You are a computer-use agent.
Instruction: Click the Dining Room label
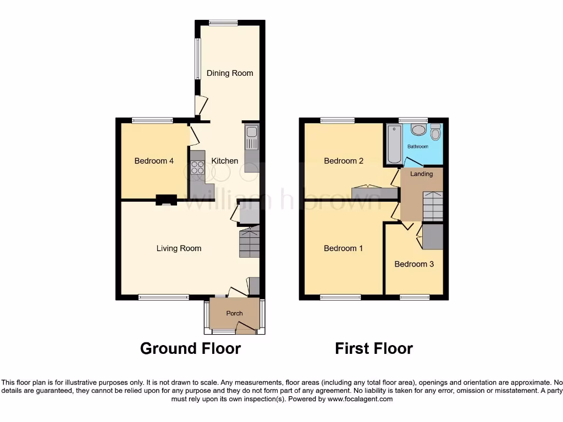(x=230, y=73)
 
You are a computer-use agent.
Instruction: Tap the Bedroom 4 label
(x=154, y=161)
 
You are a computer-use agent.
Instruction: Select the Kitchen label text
(x=225, y=161)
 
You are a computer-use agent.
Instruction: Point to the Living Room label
(x=179, y=248)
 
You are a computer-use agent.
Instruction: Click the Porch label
(x=235, y=313)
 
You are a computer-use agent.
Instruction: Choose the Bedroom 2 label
(x=344, y=161)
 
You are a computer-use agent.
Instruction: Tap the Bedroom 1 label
(x=343, y=248)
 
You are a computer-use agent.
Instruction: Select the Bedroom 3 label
(x=414, y=264)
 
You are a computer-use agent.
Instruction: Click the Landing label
(x=422, y=174)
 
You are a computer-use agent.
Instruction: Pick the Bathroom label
(x=417, y=147)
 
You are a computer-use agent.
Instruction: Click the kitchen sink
(x=251, y=137)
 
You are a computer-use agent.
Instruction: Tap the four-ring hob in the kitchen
(x=197, y=167)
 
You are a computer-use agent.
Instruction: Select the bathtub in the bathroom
(x=394, y=144)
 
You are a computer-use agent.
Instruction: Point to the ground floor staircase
(x=249, y=243)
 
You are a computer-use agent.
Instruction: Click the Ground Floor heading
(x=190, y=348)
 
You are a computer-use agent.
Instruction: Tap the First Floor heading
(x=374, y=348)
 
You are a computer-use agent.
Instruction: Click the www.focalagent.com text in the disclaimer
(x=360, y=399)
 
